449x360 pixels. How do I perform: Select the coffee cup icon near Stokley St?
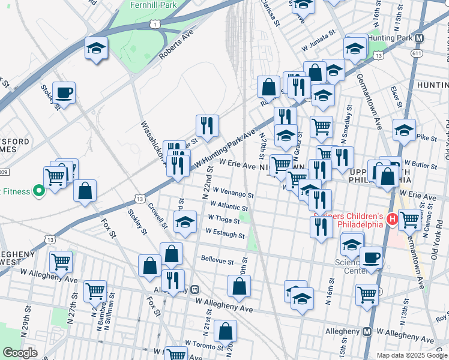pyautogui.click(x=64, y=93)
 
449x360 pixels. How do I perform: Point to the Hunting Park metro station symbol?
pyautogui.click(x=420, y=37)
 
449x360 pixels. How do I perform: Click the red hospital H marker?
pyautogui.click(x=393, y=218)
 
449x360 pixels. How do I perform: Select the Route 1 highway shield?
pyautogui.click(x=155, y=23)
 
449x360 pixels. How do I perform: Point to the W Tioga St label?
pyautogui.click(x=224, y=220)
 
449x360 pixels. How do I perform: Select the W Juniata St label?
pyautogui.click(x=317, y=45)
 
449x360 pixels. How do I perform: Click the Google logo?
pyautogui.click(x=20, y=353)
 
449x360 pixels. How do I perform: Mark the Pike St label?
pyautogui.click(x=427, y=138)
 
